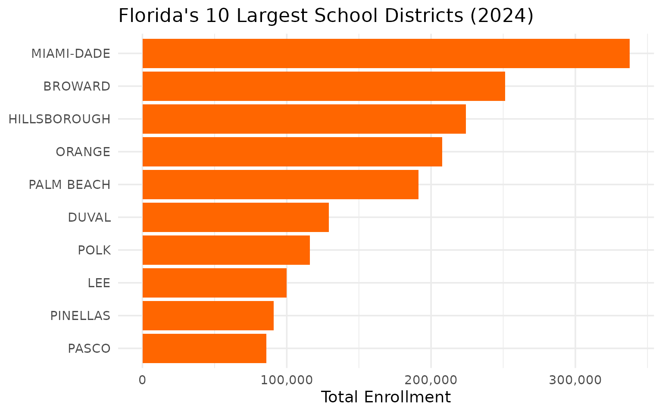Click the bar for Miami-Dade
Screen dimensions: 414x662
(x=386, y=53)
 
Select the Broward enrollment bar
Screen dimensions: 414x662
(x=323, y=86)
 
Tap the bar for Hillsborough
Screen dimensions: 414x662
(x=304, y=119)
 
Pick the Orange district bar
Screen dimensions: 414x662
(x=292, y=152)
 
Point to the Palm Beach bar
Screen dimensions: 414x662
(x=280, y=185)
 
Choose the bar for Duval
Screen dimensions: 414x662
(x=235, y=217)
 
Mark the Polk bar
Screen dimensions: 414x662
(x=226, y=250)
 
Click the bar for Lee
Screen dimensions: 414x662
(x=214, y=283)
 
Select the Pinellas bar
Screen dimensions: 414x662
(x=208, y=316)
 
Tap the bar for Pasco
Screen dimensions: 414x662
(x=204, y=348)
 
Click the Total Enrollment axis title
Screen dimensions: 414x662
(x=386, y=397)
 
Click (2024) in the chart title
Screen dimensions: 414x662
(x=501, y=16)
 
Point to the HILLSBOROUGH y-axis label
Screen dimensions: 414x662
(x=59, y=119)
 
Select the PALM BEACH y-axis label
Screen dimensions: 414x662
(x=69, y=185)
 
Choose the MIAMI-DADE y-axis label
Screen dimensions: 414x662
(x=71, y=53)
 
